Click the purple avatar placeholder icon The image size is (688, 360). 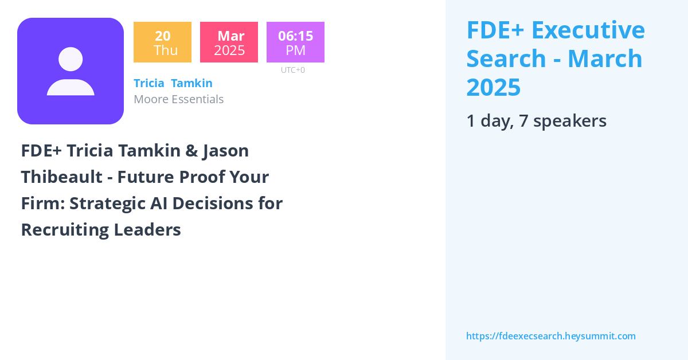(x=71, y=71)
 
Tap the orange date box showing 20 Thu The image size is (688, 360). (x=162, y=42)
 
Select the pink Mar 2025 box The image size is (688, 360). (x=229, y=42)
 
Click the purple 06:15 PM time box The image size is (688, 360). (x=295, y=42)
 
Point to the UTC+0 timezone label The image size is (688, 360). (x=293, y=70)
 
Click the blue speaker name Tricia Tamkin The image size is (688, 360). (x=173, y=83)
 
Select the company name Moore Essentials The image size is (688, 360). (x=178, y=99)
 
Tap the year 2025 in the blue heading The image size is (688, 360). (x=494, y=87)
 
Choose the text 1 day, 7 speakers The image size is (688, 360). (x=536, y=121)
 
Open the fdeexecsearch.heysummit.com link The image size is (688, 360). (x=550, y=336)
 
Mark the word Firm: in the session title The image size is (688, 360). (x=40, y=204)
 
